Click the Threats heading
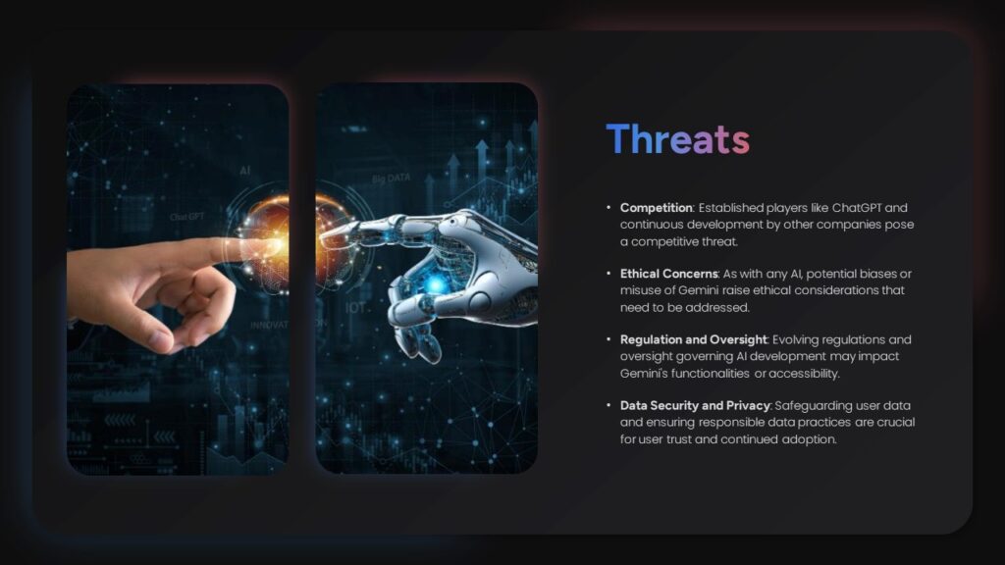pyautogui.click(x=677, y=140)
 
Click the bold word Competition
pyautogui.click(x=657, y=208)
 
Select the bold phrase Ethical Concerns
pyautogui.click(x=668, y=274)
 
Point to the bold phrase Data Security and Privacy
pyautogui.click(x=696, y=405)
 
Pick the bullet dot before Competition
pyautogui.click(x=609, y=208)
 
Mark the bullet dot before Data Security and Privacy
pyautogui.click(x=609, y=405)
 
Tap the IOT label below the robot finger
pyautogui.click(x=355, y=307)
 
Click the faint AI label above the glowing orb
pyautogui.click(x=244, y=171)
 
